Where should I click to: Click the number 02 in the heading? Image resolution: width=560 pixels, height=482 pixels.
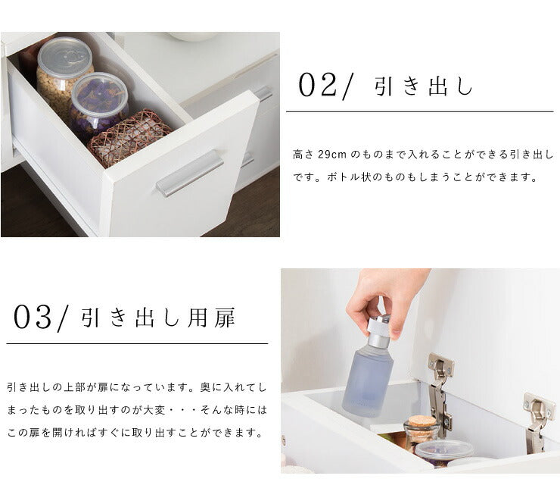[317, 85]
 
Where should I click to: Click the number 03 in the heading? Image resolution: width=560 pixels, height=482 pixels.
[33, 317]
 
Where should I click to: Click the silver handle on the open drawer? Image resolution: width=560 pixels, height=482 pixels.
[190, 173]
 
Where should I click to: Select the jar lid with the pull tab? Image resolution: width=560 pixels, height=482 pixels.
[64, 58]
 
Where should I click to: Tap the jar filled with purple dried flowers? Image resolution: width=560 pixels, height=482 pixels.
[99, 105]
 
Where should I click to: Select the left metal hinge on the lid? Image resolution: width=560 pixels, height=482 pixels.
[440, 393]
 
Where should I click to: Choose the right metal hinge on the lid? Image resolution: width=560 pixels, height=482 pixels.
[538, 422]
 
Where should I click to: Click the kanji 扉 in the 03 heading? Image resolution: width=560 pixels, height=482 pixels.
[225, 318]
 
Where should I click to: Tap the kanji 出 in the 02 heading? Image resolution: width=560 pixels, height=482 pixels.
[438, 86]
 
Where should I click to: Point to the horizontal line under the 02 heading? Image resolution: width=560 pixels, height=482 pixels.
[420, 111]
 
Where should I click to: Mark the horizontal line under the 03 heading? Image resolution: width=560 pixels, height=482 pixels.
[137, 343]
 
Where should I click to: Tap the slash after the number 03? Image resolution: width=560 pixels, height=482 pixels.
[62, 319]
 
